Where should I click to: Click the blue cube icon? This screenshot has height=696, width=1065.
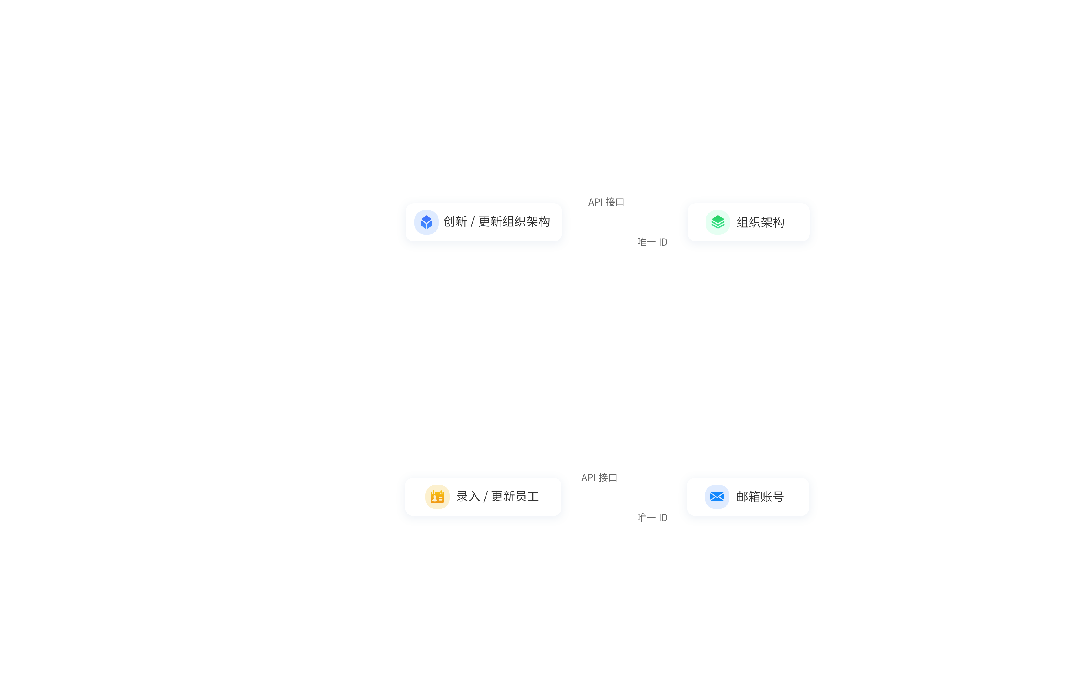427,222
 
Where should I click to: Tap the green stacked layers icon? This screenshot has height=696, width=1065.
718,222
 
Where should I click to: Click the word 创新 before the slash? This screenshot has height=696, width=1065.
455,221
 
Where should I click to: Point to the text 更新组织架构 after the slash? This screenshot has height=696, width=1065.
514,221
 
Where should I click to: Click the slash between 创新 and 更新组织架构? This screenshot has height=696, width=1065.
473,222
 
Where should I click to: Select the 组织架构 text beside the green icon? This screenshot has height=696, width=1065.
760,222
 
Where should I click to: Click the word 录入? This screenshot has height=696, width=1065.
468,496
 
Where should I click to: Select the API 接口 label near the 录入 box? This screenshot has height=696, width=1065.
599,478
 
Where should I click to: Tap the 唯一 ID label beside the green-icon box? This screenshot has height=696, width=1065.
652,242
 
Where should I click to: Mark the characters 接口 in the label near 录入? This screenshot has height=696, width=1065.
608,478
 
